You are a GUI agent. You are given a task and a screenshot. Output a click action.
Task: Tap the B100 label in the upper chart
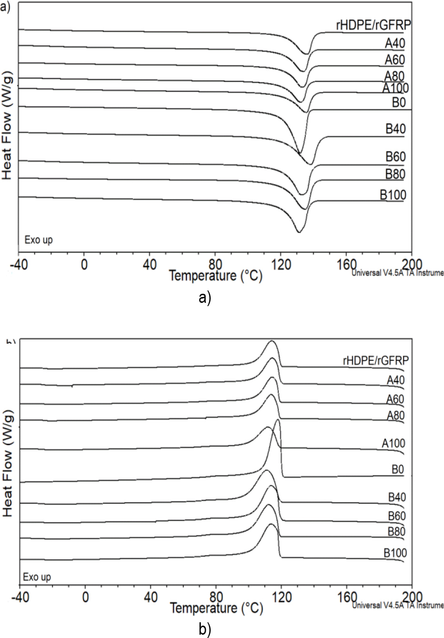(x=393, y=194)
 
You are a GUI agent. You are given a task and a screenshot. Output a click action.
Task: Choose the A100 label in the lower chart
(x=394, y=443)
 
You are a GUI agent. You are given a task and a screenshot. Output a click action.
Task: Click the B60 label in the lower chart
(x=396, y=516)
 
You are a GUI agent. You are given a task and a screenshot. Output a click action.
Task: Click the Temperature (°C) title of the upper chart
(x=215, y=275)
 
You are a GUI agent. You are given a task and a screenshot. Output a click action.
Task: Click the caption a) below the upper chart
(x=205, y=299)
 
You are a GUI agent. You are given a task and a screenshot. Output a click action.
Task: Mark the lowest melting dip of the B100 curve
(x=299, y=232)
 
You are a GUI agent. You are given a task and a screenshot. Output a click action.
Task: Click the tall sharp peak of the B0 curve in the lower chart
(x=278, y=420)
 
